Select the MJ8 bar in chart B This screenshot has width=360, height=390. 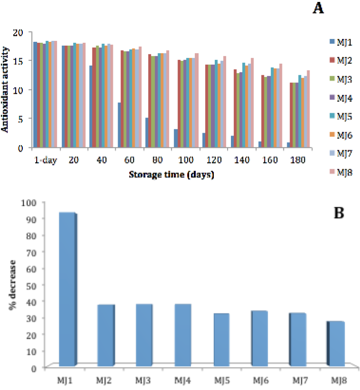336,344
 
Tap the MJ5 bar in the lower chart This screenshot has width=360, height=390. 221,340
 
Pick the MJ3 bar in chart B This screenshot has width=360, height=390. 144,335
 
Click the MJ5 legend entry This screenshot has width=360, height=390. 341,117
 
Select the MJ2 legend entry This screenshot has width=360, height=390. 341,60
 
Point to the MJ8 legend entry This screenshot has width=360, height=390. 341,172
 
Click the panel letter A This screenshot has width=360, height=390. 318,8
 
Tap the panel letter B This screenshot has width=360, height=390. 339,213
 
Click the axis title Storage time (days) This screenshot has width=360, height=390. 171,175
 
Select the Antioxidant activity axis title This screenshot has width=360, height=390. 5,89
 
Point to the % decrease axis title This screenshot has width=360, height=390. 12,285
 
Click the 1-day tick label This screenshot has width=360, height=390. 46,160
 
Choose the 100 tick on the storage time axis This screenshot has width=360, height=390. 186,160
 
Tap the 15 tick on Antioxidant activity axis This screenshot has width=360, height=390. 18,61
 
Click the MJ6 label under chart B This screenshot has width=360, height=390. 260,380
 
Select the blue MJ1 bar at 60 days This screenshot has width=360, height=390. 119,125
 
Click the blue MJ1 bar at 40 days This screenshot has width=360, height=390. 90,107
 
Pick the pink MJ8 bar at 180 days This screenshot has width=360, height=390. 308,109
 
